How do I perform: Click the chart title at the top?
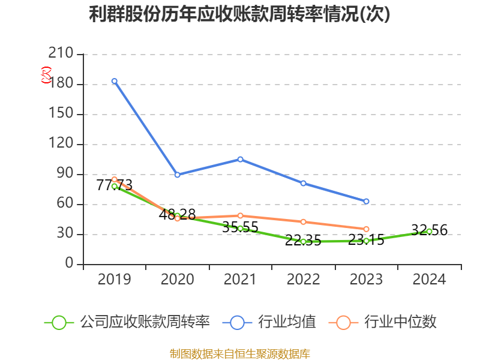239,14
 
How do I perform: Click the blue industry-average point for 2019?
114,81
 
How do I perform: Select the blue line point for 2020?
177,175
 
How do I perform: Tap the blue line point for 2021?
240,159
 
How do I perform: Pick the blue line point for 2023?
366,201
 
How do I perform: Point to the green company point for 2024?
429,231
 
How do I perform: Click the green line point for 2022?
303,241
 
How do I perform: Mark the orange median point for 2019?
114,179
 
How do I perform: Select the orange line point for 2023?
366,229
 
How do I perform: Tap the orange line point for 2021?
240,215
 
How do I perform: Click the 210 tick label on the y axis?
61,54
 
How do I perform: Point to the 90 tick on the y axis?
65,174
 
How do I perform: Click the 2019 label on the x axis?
114,280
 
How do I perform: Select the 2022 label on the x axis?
303,280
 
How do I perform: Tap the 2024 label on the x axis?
429,280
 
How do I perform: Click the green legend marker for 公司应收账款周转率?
59,322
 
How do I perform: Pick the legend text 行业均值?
287,322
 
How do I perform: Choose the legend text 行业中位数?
400,322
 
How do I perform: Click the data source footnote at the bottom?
239,353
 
